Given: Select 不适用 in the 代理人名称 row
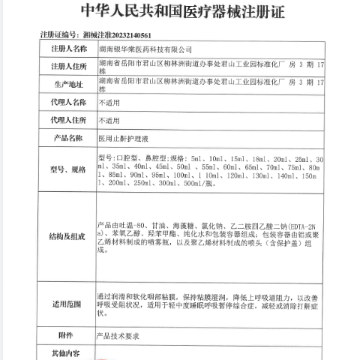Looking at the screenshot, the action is point(109,101).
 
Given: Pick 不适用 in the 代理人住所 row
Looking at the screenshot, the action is point(109,119).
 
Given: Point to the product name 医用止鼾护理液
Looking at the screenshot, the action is point(122,137).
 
